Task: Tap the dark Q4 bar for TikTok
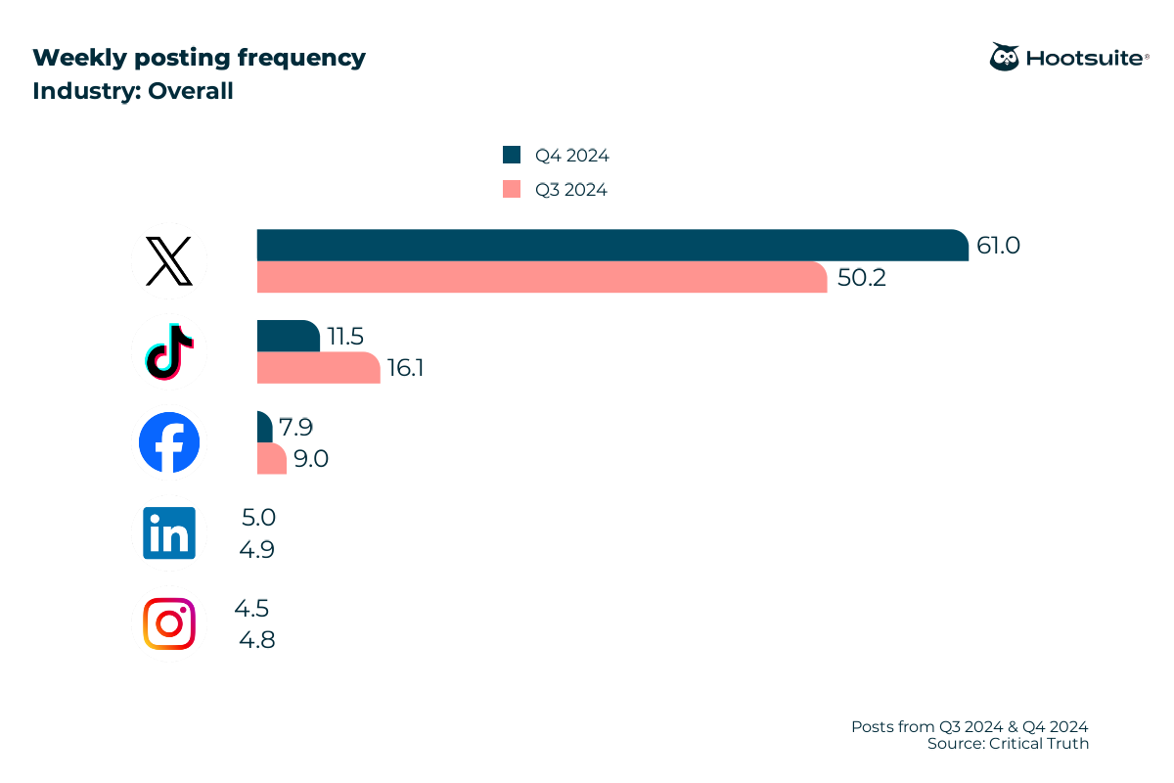[288, 336]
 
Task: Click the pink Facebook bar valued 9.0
[271, 459]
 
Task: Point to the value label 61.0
[998, 246]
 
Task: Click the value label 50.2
[861, 278]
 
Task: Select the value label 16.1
[404, 369]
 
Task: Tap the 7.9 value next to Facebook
[295, 427]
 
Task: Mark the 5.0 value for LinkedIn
[257, 517]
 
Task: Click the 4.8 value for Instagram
[257, 641]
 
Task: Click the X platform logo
[169, 260]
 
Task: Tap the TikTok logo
[169, 350]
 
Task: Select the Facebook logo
[169, 442]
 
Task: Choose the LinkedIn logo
[169, 532]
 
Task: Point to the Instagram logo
[169, 623]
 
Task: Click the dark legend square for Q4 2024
[512, 155]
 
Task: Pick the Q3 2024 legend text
[570, 190]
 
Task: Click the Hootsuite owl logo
[1004, 57]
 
